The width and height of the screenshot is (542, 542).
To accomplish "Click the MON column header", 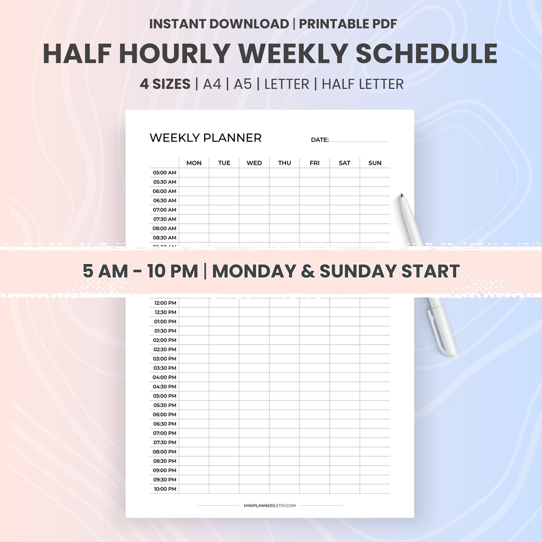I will point(194,163).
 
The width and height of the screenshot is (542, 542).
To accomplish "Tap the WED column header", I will point(254,163).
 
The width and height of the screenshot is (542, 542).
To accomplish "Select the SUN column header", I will point(375,163).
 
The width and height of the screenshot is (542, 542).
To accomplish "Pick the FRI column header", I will point(315,163).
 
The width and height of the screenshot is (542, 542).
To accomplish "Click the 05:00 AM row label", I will point(165,173).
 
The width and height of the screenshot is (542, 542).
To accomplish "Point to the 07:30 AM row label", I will point(165,219).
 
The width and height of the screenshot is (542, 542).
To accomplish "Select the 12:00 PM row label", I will point(165,303).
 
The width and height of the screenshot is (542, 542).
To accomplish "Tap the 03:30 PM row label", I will point(165,368).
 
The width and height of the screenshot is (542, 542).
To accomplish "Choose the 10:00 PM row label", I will point(165,489).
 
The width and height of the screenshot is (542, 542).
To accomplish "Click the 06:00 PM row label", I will point(165,415).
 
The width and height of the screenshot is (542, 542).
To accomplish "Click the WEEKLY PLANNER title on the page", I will point(205,138).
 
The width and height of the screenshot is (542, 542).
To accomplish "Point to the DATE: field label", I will point(320,140).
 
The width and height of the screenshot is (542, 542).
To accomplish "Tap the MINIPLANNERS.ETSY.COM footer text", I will point(270,506).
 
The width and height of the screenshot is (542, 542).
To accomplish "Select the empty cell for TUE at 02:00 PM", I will point(224,340).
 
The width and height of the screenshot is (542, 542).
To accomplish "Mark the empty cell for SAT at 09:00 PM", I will point(345,470).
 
